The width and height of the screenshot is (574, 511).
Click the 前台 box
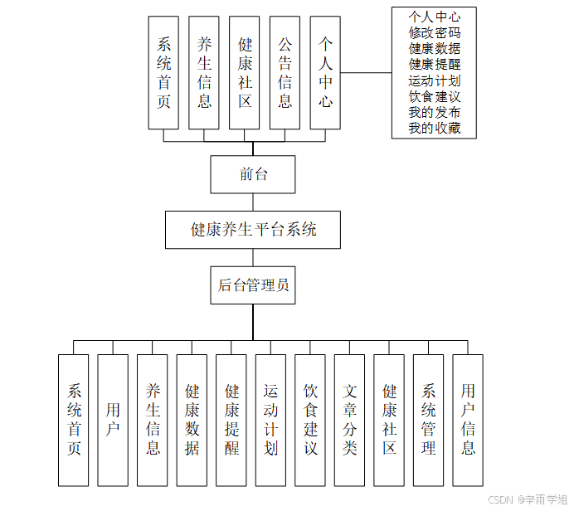[253, 174]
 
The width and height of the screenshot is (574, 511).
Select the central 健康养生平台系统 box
[253, 230]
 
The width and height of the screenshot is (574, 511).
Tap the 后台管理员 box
[253, 285]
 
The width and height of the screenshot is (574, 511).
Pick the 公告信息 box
[285, 73]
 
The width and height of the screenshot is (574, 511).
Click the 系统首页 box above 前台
[163, 73]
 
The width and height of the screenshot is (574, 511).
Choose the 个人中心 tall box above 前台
[325, 73]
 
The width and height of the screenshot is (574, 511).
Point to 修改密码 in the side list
[434, 33]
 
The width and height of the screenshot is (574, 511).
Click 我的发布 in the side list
[434, 113]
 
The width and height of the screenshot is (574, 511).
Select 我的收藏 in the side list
[434, 129]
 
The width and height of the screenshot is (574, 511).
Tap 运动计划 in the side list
[434, 81]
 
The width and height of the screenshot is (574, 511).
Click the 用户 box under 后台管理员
[113, 420]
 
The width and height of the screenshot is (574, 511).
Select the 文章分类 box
[349, 420]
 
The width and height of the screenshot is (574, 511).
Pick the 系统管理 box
[428, 420]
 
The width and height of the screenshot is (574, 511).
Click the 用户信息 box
[468, 420]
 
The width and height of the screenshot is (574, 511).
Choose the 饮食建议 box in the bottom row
[310, 420]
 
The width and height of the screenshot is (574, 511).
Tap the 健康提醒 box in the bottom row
[231, 420]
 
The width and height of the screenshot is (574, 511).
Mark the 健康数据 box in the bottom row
[192, 420]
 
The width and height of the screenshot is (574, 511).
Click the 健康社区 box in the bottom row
[389, 420]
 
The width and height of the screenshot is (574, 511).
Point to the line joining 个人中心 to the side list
[366, 73]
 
